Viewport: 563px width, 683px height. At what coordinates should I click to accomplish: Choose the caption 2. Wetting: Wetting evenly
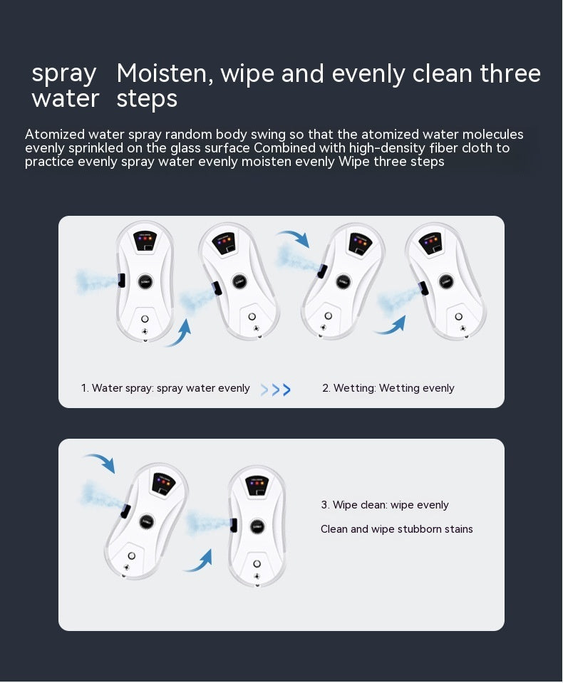click(388, 388)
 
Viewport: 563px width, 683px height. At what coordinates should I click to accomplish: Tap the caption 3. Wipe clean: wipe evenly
click(385, 505)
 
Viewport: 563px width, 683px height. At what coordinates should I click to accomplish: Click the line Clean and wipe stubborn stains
click(397, 529)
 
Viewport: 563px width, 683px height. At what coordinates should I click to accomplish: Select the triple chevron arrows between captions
click(275, 390)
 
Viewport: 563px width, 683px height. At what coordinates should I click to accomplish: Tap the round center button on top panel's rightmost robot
click(446, 281)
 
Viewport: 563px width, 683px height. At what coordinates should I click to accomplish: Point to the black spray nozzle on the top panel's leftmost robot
click(123, 279)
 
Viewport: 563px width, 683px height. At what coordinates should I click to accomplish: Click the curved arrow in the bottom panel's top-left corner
click(99, 462)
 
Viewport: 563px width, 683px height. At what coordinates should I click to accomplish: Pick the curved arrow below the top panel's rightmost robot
click(391, 325)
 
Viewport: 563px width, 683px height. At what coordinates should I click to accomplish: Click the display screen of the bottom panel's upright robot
click(257, 486)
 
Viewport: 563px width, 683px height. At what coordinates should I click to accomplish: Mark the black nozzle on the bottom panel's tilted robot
click(125, 510)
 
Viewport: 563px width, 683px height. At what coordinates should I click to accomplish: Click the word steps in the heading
click(147, 99)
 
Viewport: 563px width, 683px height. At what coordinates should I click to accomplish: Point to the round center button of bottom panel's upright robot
click(256, 526)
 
